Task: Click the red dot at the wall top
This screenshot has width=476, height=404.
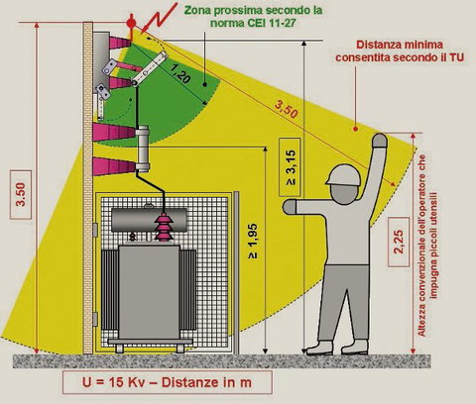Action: [x=131, y=23]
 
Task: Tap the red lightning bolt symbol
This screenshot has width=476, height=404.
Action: [x=158, y=18]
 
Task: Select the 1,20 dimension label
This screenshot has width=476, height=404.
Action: [x=181, y=73]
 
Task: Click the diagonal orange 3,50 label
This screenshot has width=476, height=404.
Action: [x=287, y=109]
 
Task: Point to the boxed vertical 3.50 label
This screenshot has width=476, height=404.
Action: [x=21, y=195]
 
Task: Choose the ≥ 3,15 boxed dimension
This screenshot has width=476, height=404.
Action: [x=290, y=167]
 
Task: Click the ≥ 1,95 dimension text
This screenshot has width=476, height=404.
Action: [x=253, y=241]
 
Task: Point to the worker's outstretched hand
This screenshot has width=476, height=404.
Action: [x=290, y=207]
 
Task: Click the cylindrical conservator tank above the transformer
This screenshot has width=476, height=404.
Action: [x=149, y=220]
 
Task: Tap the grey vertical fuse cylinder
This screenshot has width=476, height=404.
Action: [x=143, y=149]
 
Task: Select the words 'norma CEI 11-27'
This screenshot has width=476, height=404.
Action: [x=253, y=23]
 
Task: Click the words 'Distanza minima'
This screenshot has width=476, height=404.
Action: [x=400, y=45]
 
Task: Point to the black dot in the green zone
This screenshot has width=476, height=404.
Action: [x=205, y=84]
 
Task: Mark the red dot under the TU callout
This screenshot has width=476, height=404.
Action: [x=356, y=129]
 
